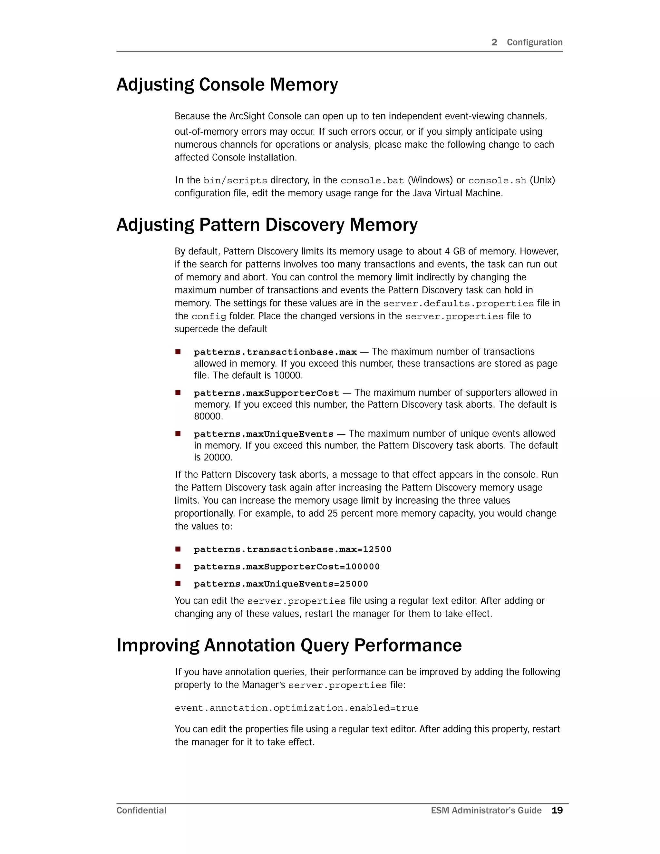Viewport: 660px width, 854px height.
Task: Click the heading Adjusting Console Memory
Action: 227,85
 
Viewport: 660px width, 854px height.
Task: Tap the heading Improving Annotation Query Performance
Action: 289,645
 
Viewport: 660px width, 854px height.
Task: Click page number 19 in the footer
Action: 557,810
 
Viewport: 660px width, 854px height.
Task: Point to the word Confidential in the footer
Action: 141,810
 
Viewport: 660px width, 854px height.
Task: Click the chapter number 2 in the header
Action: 494,42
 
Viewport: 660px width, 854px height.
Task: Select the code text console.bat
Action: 372,181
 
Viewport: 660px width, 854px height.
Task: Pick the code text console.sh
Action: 497,181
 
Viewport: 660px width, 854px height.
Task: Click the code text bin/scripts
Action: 235,181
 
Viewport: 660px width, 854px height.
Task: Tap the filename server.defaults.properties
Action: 458,304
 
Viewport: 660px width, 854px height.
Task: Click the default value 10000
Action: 288,375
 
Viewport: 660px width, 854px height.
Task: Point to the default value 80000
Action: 208,416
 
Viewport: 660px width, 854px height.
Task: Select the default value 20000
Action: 218,458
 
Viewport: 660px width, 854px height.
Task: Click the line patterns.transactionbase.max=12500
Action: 293,549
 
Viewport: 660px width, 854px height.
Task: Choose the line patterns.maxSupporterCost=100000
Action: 286,567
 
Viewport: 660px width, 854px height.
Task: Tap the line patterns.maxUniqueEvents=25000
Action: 281,584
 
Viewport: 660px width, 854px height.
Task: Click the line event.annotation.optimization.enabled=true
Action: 296,708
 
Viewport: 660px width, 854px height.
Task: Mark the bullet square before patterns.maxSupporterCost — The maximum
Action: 178,393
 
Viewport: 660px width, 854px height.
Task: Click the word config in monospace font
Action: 209,316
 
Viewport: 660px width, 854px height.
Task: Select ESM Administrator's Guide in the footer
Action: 486,810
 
